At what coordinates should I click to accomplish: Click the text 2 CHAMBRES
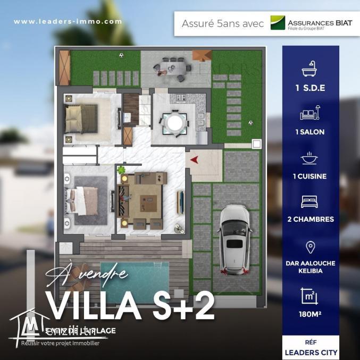tap(310, 219)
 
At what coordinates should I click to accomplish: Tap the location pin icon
tap(310, 247)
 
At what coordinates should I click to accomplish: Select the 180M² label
tap(310, 314)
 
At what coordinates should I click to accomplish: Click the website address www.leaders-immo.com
tap(68, 22)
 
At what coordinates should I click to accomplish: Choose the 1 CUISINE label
tap(310, 176)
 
